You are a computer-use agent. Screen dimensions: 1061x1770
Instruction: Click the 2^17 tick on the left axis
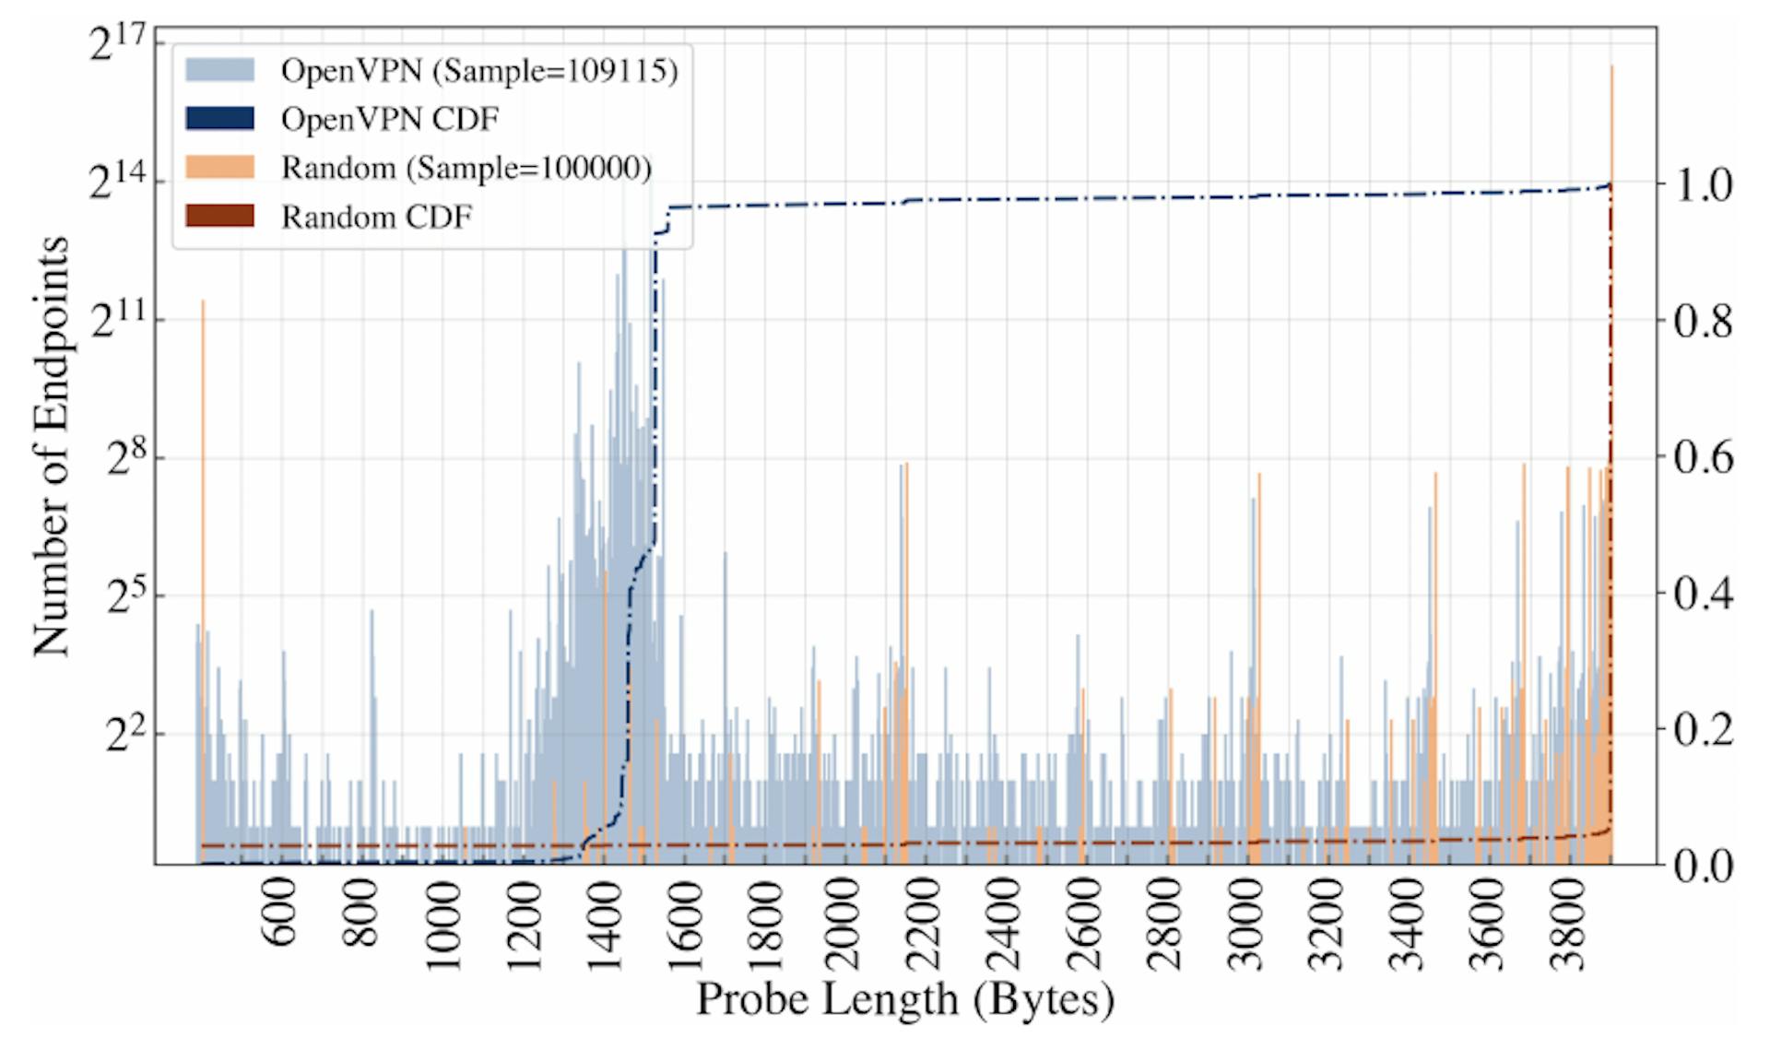117,44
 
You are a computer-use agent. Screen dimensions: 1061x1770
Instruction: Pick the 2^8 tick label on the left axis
126,457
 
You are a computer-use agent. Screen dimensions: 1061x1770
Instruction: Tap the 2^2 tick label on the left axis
126,735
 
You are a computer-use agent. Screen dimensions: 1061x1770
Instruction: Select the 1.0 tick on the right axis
1702,186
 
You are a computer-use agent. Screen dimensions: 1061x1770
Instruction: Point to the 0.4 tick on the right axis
1702,595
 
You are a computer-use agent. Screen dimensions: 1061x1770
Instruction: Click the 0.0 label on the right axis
1702,866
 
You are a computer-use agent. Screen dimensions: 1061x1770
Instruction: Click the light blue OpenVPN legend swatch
219,70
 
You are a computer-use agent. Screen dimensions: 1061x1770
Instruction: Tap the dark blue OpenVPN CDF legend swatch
219,119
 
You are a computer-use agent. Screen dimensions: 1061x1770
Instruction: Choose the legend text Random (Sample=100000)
466,168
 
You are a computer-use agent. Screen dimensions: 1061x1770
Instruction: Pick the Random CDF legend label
376,218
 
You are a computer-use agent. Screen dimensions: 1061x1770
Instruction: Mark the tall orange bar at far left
203,553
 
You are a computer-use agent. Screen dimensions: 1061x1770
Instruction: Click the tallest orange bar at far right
1611,369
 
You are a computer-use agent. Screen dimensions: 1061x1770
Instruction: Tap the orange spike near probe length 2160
907,645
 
